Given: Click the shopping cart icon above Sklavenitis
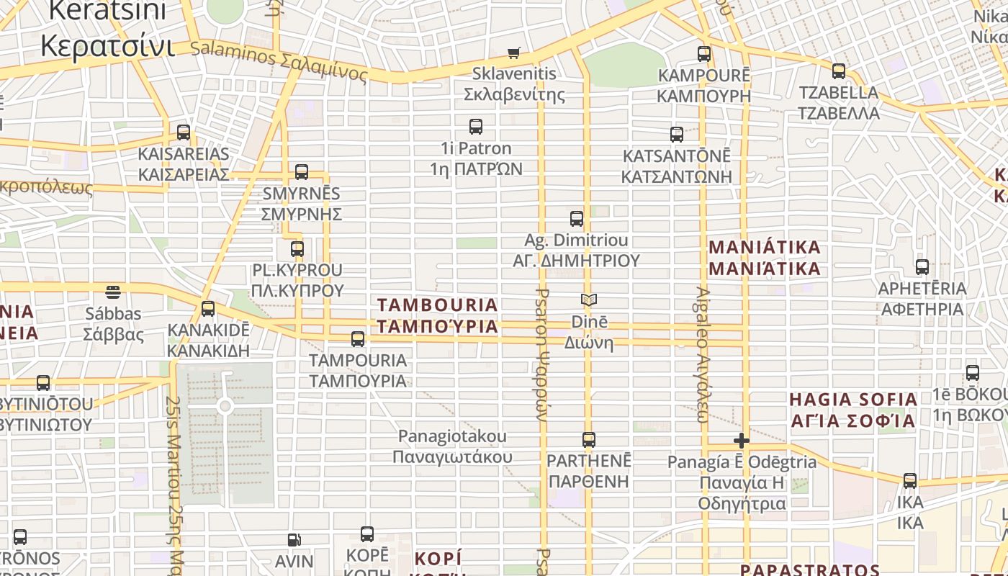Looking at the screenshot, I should click(513, 53).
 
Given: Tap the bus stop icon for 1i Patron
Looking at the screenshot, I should click(475, 127).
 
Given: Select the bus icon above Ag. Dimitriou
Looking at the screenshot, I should click(576, 219).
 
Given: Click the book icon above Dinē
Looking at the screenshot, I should click(589, 300).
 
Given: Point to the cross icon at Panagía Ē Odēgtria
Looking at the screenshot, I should click(741, 441).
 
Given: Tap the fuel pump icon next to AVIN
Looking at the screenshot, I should click(294, 539).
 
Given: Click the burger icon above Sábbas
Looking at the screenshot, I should click(113, 292).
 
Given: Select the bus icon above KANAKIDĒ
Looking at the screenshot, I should click(208, 309).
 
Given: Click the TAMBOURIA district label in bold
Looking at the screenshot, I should click(438, 315).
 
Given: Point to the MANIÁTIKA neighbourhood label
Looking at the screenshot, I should click(765, 258).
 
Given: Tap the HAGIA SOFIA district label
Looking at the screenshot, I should click(853, 410).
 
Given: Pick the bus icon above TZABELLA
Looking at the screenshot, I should click(838, 71).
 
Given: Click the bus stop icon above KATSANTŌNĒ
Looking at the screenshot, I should click(676, 135).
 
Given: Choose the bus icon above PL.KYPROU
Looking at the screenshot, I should click(297, 249).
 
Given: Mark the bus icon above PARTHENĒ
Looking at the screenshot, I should click(588, 440).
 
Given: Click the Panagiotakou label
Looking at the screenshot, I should click(453, 446).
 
